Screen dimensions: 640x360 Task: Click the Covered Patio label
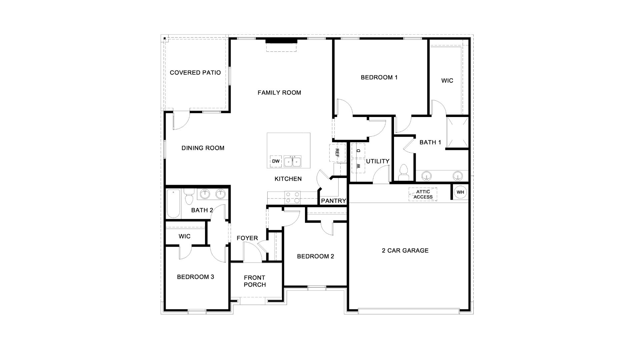(x=195, y=73)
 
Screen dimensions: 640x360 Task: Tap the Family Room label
(x=279, y=93)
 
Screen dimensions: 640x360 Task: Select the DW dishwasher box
(x=276, y=161)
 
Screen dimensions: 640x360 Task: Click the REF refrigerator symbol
(x=337, y=153)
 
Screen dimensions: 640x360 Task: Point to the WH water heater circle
(x=460, y=192)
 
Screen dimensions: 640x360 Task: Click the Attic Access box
(x=423, y=194)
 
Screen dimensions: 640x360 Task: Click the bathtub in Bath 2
(x=173, y=204)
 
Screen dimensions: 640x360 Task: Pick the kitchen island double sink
(x=292, y=161)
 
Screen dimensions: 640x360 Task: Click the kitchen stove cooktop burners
(x=292, y=197)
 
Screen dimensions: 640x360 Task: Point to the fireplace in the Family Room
(x=281, y=41)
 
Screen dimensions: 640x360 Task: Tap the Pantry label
(x=334, y=201)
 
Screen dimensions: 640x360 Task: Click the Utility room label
(x=378, y=161)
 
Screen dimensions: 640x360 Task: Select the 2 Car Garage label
(x=405, y=251)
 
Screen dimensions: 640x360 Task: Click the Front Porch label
(x=255, y=281)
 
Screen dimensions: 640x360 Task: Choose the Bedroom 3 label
(x=195, y=277)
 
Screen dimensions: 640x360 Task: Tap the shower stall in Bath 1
(x=457, y=132)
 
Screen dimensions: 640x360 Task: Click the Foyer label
(x=247, y=238)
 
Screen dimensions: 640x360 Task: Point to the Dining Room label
(x=203, y=148)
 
